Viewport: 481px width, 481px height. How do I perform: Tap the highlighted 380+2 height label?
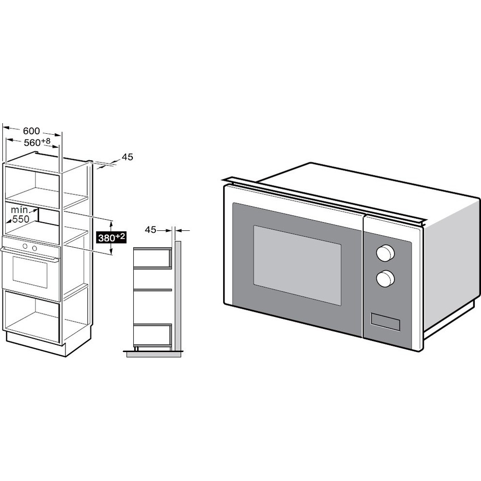pyautogui.click(x=111, y=238)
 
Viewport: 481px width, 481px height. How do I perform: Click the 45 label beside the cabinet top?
pyautogui.click(x=127, y=157)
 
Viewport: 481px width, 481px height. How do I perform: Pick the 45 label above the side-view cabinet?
pyautogui.click(x=151, y=230)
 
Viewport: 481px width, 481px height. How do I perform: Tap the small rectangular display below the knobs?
pyautogui.click(x=385, y=322)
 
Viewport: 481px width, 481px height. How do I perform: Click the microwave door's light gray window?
pyautogui.click(x=297, y=265)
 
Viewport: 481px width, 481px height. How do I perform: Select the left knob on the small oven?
pyautogui.click(x=25, y=246)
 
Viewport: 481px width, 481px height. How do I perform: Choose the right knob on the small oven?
pyautogui.click(x=35, y=247)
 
